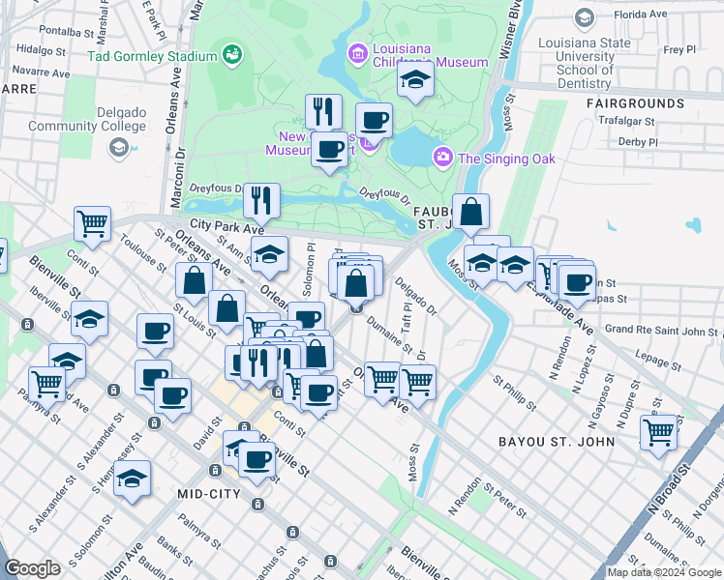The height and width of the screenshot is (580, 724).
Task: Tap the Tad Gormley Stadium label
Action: pos(153,54)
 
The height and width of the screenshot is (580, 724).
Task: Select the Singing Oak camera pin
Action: pos(443,157)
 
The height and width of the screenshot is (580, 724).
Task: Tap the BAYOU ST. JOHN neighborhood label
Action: pos(557,442)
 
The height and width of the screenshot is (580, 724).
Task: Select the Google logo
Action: pos(32,568)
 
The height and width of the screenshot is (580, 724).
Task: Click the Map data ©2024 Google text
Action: pos(663,572)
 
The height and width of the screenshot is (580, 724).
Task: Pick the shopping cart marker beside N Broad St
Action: pos(659,432)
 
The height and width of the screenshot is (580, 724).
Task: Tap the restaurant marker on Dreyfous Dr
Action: pos(261,200)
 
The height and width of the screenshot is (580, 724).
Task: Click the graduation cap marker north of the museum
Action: pos(414,81)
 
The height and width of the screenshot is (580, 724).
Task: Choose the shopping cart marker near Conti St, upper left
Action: pos(92,223)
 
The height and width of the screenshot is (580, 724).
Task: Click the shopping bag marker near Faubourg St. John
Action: pos(470,212)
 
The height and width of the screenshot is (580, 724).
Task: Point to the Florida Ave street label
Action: pos(647,15)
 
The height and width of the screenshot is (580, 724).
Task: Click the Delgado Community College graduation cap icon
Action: pos(119,147)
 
